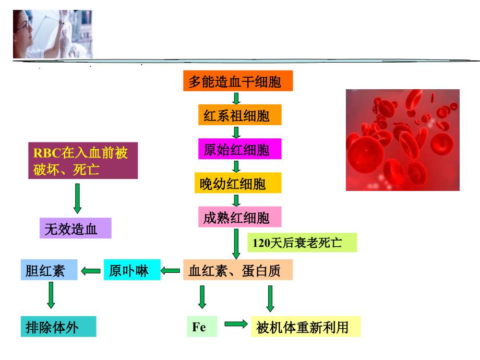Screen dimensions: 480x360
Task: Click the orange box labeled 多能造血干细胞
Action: pyautogui.click(x=238, y=81)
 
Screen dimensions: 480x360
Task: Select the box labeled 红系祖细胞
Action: pyautogui.click(x=239, y=115)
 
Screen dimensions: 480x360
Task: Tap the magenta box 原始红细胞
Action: pyautogui.click(x=239, y=149)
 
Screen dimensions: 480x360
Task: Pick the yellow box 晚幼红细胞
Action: pyautogui.click(x=238, y=183)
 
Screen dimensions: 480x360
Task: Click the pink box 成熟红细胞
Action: pyautogui.click(x=239, y=217)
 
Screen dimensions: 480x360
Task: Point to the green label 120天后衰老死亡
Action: pyautogui.click(x=302, y=243)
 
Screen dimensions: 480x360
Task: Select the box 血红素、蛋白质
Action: pyautogui.click(x=238, y=270)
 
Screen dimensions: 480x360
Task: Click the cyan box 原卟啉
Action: pyautogui.click(x=132, y=270)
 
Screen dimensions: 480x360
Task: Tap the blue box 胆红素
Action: pyautogui.click(x=49, y=270)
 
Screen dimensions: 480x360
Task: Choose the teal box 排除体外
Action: pyautogui.click(x=58, y=327)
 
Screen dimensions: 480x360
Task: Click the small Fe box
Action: pyautogui.click(x=202, y=327)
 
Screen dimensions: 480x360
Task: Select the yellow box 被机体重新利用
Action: pyautogui.click(x=306, y=327)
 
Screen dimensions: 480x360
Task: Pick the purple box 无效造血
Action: pyautogui.click(x=75, y=228)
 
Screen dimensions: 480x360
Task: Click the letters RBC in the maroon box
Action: pyautogui.click(x=47, y=153)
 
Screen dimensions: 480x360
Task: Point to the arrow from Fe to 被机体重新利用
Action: pyautogui.click(x=236, y=324)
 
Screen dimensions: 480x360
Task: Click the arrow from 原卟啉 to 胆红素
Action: pyautogui.click(x=91, y=271)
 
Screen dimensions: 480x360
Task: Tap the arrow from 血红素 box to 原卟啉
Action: pyautogui.click(x=170, y=271)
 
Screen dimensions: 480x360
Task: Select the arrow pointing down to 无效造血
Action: pyautogui.click(x=77, y=198)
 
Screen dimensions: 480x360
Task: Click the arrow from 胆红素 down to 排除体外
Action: pyautogui.click(x=51, y=295)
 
